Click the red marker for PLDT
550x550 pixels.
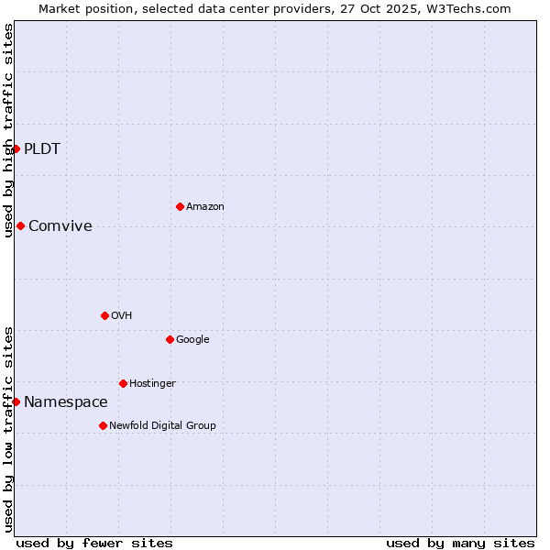(16, 148)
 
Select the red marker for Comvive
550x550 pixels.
(20, 225)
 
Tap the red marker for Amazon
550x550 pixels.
(180, 206)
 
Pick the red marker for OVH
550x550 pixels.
(104, 315)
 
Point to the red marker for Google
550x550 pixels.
(170, 339)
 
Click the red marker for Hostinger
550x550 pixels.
(123, 383)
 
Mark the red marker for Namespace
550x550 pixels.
(16, 401)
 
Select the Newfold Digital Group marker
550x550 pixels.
(103, 425)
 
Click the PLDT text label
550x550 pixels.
(42, 149)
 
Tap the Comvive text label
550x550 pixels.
(60, 226)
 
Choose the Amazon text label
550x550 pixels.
(205, 207)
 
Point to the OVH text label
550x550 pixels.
(122, 316)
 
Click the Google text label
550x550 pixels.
(192, 340)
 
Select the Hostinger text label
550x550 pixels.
(152, 384)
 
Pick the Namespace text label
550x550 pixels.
(66, 402)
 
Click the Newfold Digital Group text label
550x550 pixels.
(162, 426)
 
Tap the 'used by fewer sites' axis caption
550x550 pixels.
(94, 543)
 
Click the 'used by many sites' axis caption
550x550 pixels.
(460, 543)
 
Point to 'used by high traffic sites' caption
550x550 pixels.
(8, 130)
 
